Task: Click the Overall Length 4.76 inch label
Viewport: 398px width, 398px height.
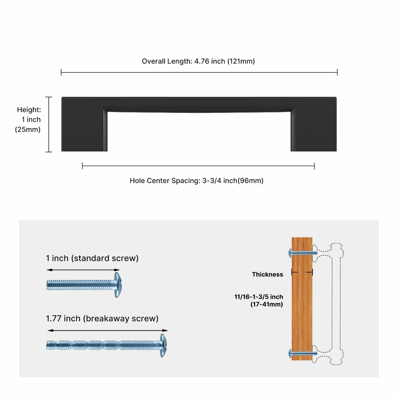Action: click(x=198, y=61)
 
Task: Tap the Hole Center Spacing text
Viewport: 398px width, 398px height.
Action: click(x=196, y=181)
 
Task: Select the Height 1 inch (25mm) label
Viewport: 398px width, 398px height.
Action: click(x=29, y=120)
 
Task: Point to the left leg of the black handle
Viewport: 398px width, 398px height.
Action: click(x=84, y=129)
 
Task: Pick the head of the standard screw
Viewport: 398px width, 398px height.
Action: click(x=118, y=285)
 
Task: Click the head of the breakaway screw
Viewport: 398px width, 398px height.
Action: click(x=163, y=345)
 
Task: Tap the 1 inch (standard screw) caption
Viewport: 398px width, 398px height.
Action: click(x=92, y=258)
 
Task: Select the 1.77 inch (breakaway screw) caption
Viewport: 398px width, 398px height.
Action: click(x=102, y=318)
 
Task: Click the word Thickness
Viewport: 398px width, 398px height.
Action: click(x=267, y=274)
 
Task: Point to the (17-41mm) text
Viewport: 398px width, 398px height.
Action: click(x=267, y=304)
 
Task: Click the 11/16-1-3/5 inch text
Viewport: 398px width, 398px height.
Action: click(x=259, y=297)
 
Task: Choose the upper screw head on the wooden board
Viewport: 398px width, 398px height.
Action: click(x=290, y=253)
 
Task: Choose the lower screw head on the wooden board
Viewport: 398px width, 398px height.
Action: click(x=290, y=353)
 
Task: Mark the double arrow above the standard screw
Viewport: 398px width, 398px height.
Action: click(x=83, y=270)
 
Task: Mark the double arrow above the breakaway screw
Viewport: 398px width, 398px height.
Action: click(x=108, y=330)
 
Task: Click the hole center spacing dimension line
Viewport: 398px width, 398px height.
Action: click(x=198, y=166)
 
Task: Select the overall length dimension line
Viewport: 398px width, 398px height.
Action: click(x=199, y=72)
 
